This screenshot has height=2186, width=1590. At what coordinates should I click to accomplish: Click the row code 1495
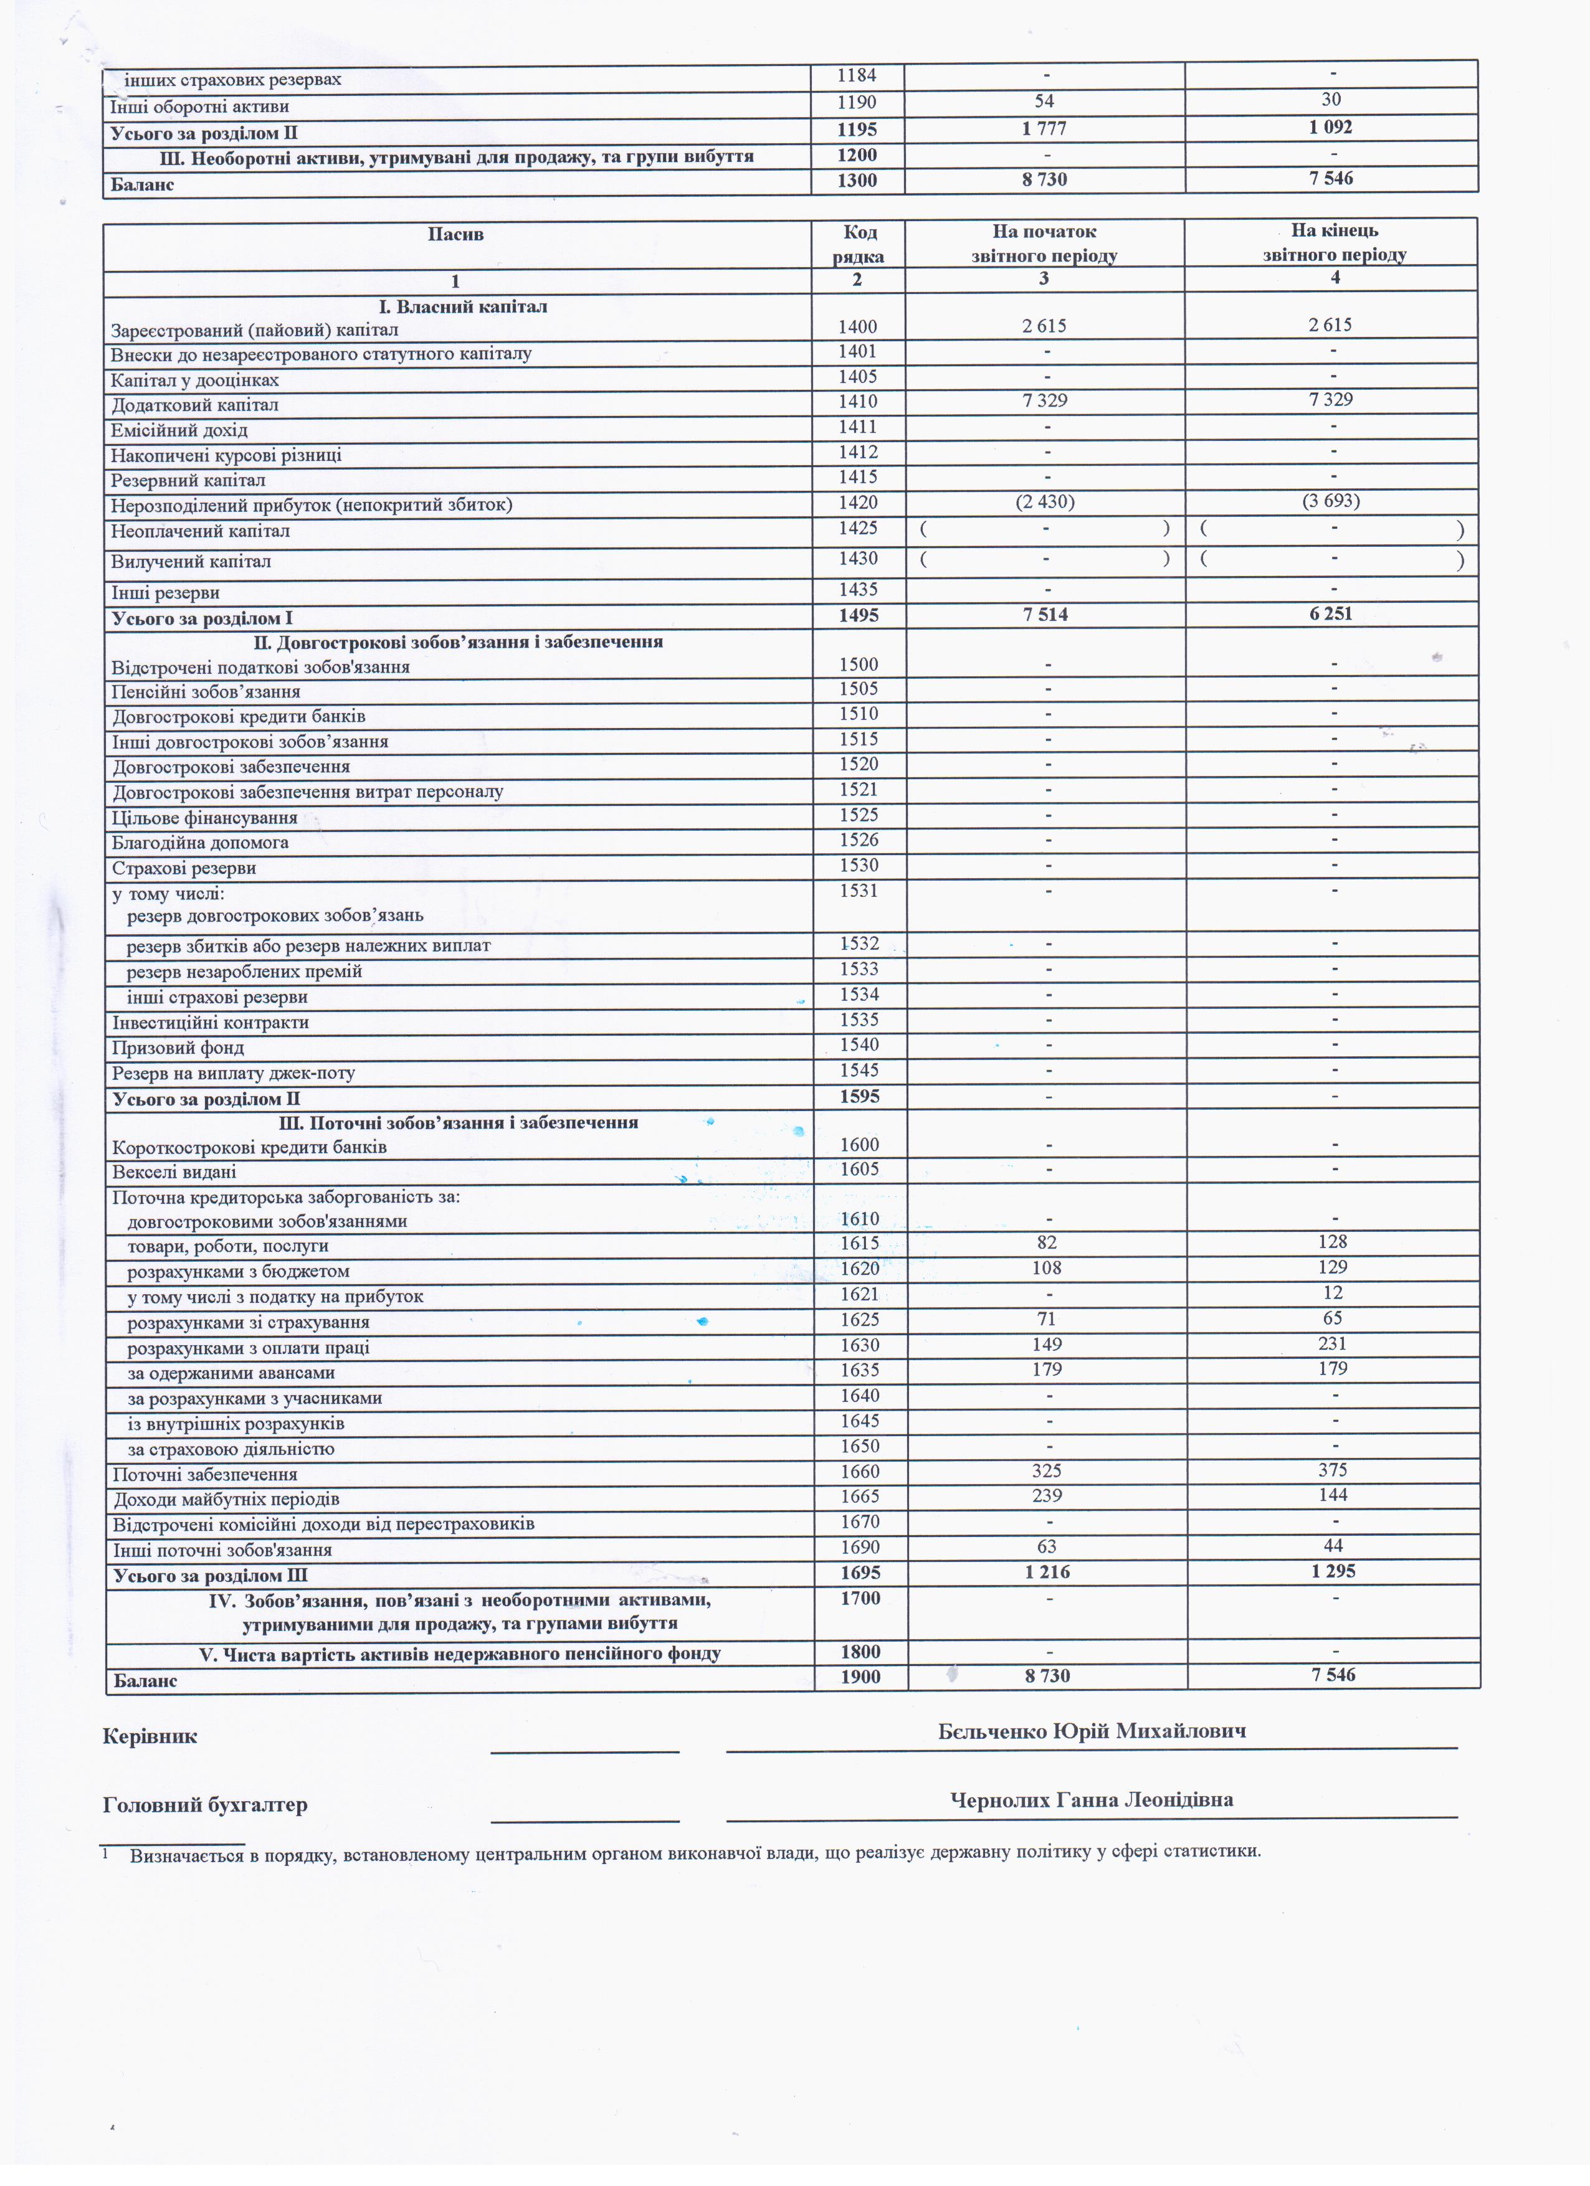click(x=858, y=615)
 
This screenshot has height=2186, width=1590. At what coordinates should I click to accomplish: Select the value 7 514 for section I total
click(x=1045, y=615)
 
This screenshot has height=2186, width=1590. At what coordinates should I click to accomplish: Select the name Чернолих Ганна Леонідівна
click(x=1092, y=1799)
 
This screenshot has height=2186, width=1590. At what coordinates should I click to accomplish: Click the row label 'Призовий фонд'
click(x=178, y=1048)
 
